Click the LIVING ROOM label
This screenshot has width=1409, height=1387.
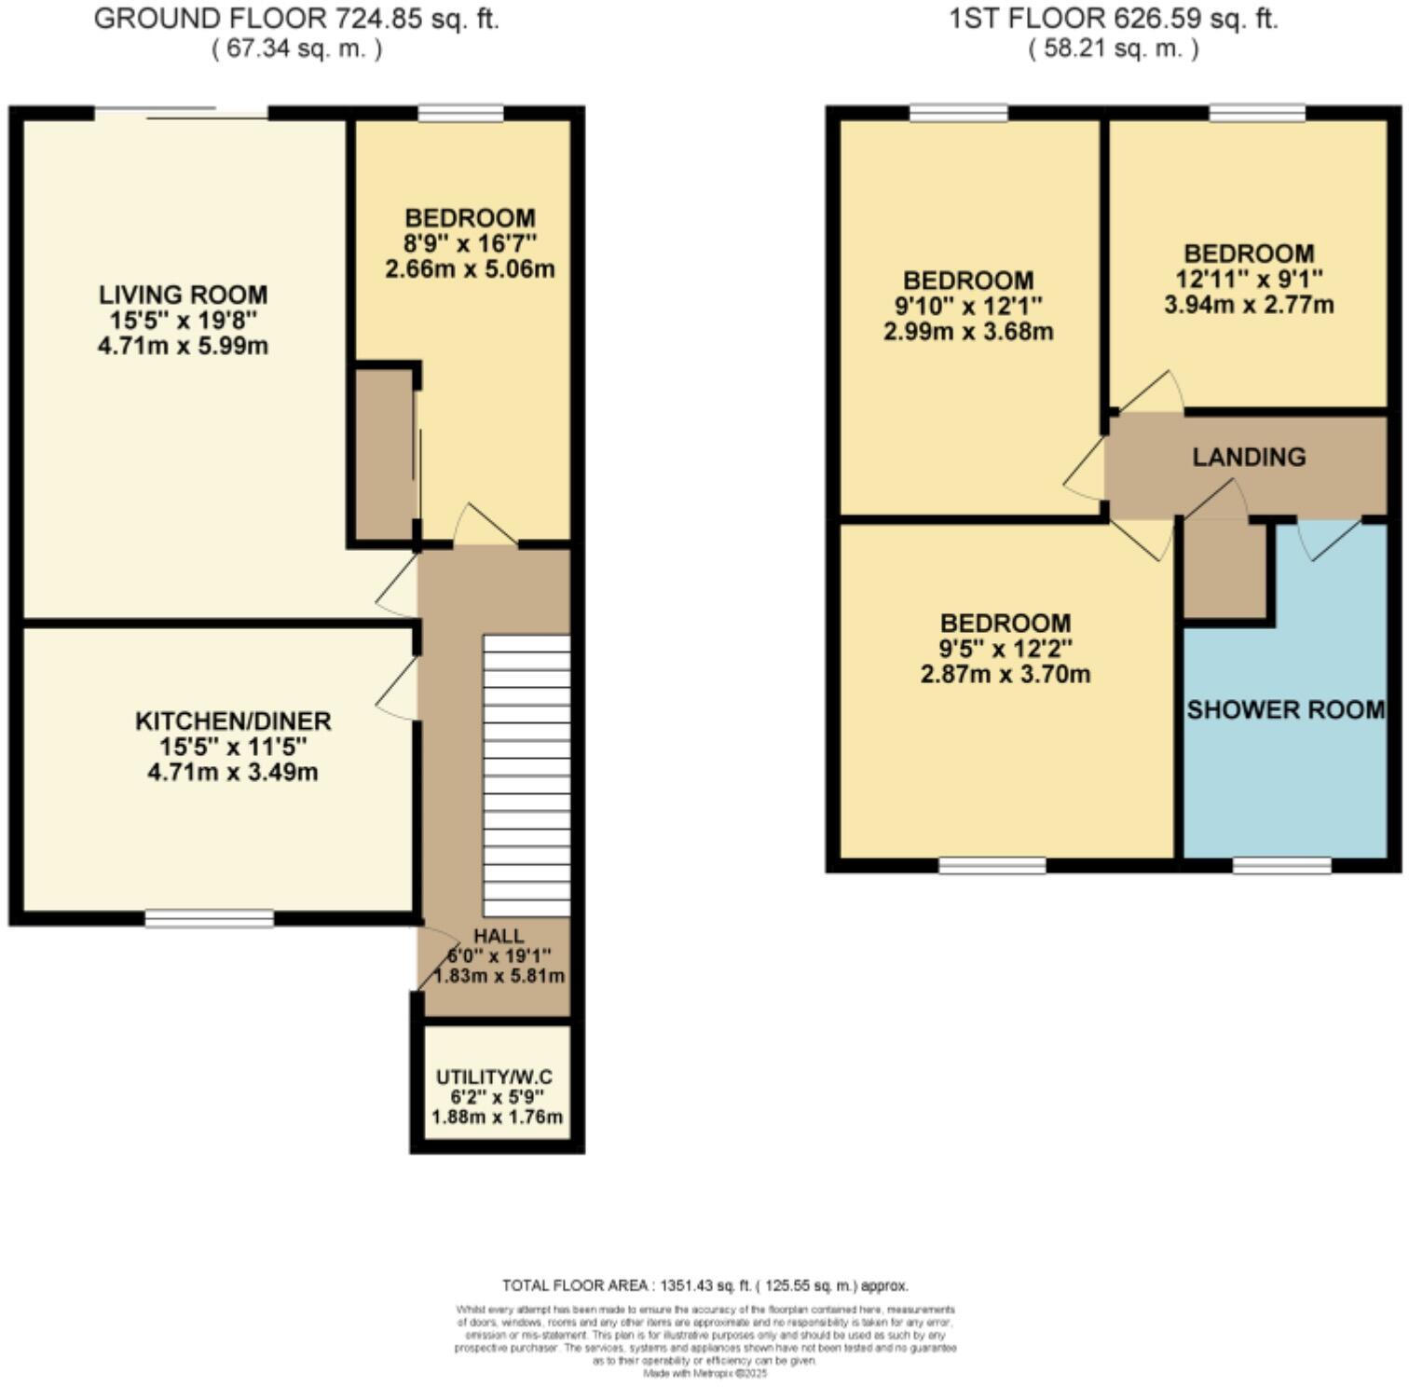183,295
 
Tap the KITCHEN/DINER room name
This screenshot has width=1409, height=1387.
233,721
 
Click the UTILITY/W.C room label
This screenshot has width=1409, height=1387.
499,1078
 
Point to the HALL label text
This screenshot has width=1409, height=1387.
499,936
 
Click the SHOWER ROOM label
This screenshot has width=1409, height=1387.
1285,710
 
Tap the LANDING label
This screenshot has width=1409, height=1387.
1249,457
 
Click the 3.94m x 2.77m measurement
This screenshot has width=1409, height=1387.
1249,305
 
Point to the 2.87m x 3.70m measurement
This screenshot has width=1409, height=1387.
1005,674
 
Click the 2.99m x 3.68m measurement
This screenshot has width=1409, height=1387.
968,332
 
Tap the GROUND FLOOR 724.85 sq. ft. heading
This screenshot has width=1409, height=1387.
296,19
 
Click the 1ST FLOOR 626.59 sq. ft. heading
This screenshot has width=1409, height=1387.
1113,19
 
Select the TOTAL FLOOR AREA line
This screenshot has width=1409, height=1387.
704,1285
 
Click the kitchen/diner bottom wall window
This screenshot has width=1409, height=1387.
210,919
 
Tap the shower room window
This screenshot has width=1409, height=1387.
1281,866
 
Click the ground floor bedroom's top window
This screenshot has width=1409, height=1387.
460,114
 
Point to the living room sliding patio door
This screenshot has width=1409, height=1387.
182,113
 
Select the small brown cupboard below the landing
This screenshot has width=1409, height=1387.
1224,568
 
